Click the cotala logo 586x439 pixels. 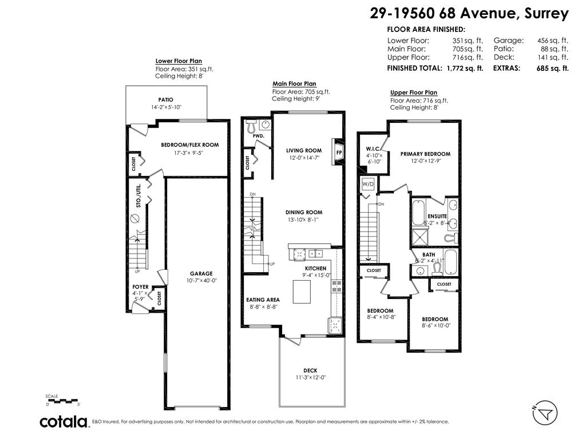coord(64,422)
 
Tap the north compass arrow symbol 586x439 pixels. coord(545,413)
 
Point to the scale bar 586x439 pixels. coord(62,401)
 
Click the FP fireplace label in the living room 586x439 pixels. coord(339,153)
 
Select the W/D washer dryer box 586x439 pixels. coord(368,184)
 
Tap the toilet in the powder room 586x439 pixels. coord(252,127)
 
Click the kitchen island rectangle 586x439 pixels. coord(302,292)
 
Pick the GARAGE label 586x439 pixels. coord(201,274)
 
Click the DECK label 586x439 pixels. coord(310,370)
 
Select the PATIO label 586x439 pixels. coord(165,99)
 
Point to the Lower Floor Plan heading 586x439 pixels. coord(179,61)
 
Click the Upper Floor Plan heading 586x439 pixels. coord(414,93)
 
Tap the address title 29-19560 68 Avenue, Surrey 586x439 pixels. coord(469,14)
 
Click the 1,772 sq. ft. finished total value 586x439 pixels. coord(465,69)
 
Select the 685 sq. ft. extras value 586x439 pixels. coord(552,69)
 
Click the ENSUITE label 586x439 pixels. coord(437,216)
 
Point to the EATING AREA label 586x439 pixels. coord(263,300)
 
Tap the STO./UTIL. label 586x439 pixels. coord(138,195)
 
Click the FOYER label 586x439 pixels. coord(141,287)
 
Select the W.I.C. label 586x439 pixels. coord(374,149)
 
